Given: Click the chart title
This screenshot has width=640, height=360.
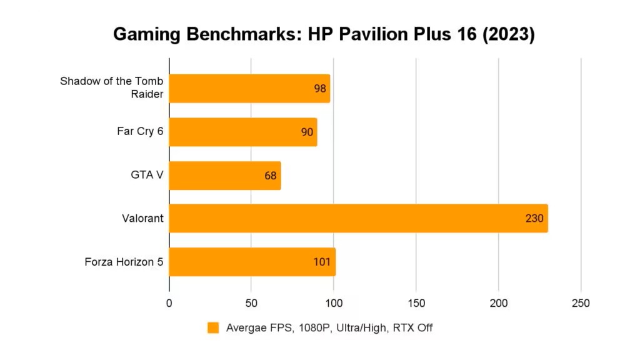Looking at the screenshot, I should click(x=324, y=35).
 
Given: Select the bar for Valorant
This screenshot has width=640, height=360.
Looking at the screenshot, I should click(x=358, y=218).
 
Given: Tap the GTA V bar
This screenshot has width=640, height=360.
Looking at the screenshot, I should click(x=225, y=176).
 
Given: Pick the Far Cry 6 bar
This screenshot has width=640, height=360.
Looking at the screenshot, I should click(x=243, y=132).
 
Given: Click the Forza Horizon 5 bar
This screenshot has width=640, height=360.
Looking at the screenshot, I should click(x=252, y=262).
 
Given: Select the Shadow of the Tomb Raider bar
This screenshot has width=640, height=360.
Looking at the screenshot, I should click(x=249, y=88).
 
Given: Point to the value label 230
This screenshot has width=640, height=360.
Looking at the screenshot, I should click(x=535, y=219).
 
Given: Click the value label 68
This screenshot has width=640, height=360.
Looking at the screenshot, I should click(x=271, y=176).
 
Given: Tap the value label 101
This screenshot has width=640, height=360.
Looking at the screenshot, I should click(x=322, y=262).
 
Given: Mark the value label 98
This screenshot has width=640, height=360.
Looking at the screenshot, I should click(x=320, y=89).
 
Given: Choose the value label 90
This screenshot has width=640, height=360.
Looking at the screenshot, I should click(x=307, y=132).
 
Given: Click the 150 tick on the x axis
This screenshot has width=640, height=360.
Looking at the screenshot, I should click(x=416, y=303).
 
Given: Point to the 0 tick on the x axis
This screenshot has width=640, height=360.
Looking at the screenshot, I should click(x=169, y=303).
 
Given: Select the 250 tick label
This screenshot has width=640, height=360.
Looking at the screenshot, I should click(x=581, y=303).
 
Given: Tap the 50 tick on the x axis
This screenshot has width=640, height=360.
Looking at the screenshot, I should click(x=251, y=303).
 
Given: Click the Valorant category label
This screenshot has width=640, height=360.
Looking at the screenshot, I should click(x=142, y=218).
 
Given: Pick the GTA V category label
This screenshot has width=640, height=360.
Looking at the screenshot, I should click(x=147, y=175).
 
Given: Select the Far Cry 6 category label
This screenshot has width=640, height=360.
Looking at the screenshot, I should click(x=140, y=131).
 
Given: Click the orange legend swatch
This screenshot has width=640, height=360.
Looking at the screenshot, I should click(x=214, y=327).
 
